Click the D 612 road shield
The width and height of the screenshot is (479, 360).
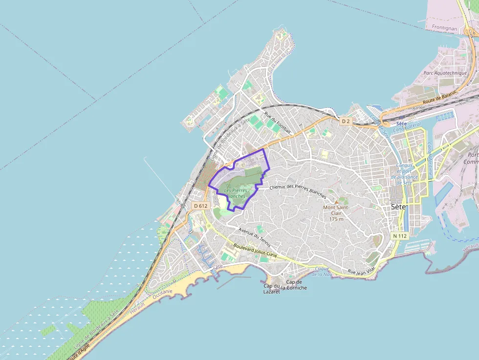[200, 206]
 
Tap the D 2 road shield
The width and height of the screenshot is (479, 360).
[346, 121]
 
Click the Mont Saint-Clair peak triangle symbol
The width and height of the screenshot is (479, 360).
[336, 201]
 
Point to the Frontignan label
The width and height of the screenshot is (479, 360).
[444, 28]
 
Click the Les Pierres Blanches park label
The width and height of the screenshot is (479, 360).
[235, 193]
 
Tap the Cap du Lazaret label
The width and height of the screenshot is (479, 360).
[271, 289]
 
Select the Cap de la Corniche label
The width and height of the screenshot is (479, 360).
[297, 285]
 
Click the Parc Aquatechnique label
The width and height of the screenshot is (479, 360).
[445, 73]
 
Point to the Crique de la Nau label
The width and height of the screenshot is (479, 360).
[323, 271]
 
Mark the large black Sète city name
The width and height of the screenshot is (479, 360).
[399, 207]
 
